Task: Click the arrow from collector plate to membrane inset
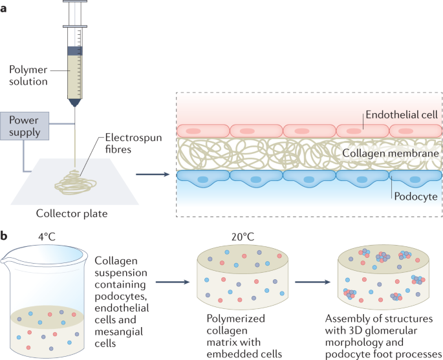pos(151,174)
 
